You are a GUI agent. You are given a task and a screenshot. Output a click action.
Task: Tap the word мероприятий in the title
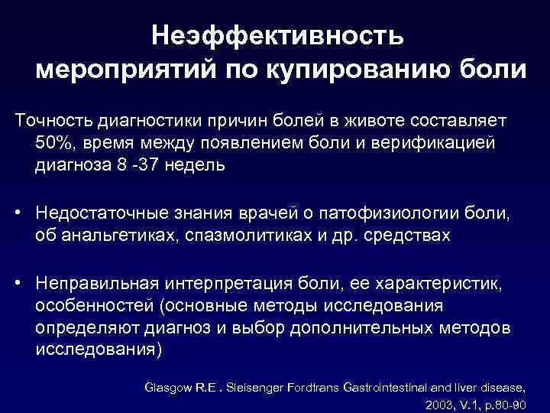tap(125, 70)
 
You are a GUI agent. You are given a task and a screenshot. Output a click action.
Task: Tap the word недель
tap(200, 165)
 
